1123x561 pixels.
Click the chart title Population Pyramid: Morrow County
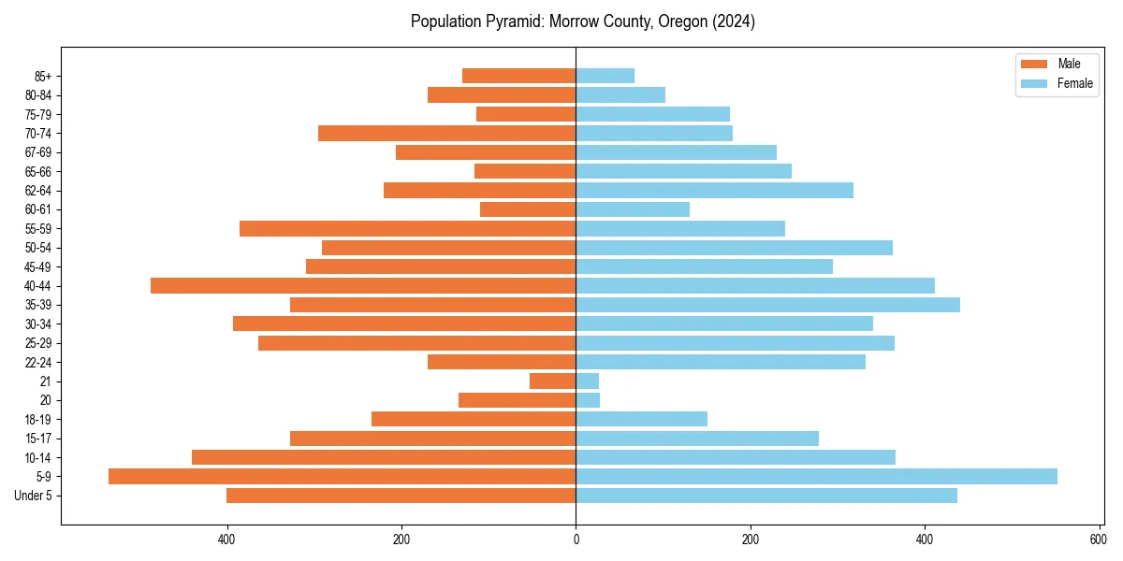click(x=582, y=22)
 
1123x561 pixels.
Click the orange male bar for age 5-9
click(x=342, y=476)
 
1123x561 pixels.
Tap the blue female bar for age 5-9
click(x=816, y=476)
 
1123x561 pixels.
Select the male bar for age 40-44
click(x=363, y=285)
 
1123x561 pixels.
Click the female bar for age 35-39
click(x=767, y=305)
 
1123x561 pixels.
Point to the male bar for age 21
click(x=552, y=381)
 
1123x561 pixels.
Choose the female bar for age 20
click(x=588, y=400)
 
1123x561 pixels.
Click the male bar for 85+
click(x=518, y=76)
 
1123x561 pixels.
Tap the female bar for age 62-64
click(x=714, y=190)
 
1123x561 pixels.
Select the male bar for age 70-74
click(x=446, y=133)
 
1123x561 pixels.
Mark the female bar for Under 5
click(x=766, y=496)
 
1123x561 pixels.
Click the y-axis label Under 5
click(x=33, y=496)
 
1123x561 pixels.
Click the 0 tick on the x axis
click(x=576, y=539)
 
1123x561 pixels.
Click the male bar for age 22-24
click(x=502, y=362)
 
